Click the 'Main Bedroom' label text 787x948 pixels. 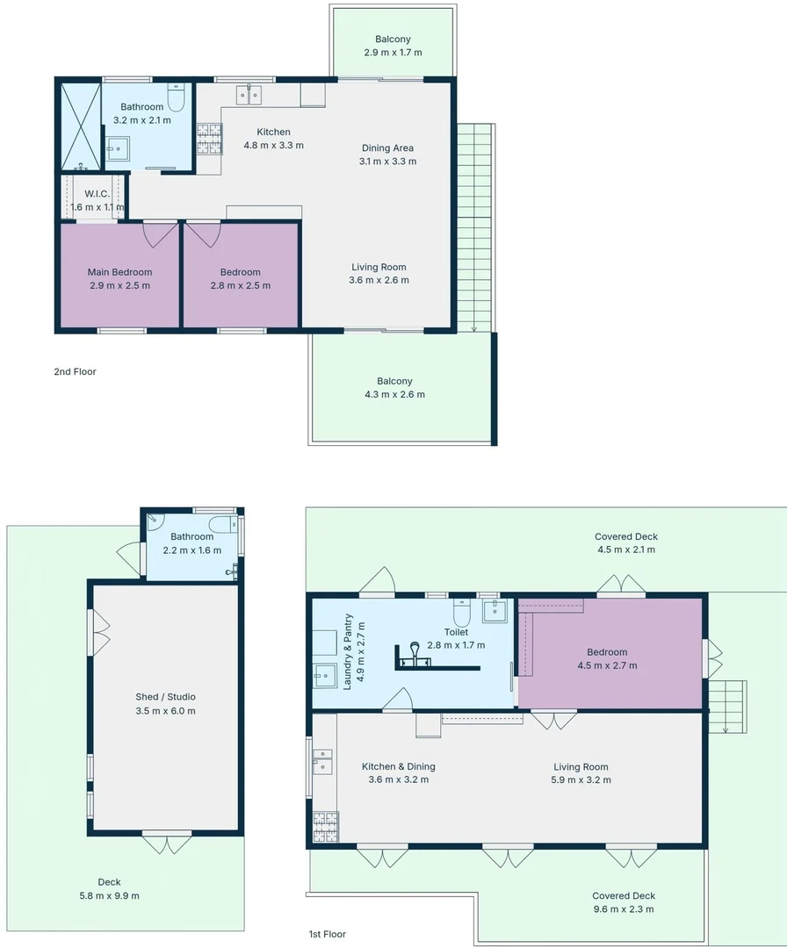click(119, 272)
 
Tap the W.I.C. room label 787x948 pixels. click(97, 194)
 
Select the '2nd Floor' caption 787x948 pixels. click(75, 372)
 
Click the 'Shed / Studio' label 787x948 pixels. click(166, 697)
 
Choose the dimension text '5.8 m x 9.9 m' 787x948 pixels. click(109, 895)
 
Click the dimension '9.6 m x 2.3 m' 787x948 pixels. click(624, 909)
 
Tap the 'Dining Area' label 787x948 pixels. click(387, 148)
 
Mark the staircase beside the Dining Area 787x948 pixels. click(474, 228)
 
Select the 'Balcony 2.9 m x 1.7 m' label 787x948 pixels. click(393, 46)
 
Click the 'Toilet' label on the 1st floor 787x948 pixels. click(456, 632)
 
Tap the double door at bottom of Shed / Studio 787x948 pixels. click(166, 843)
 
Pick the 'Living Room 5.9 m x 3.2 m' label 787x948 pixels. click(581, 772)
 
